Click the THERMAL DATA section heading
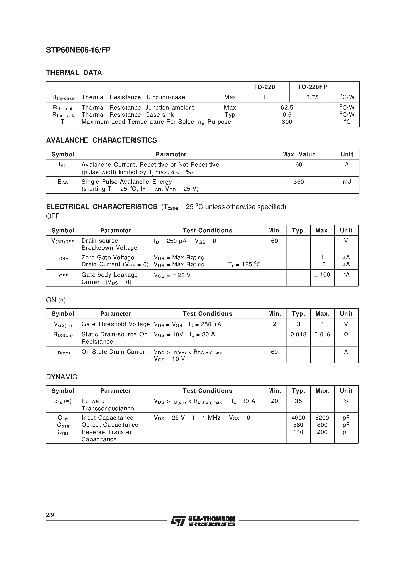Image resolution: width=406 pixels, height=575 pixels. [74, 73]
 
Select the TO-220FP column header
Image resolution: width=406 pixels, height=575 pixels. [312, 87]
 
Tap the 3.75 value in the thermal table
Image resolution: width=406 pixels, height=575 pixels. [312, 97]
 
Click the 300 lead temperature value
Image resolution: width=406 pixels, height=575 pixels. [287, 122]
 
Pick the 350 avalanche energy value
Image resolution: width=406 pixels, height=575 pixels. [299, 182]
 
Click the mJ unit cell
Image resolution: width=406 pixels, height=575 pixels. [347, 182]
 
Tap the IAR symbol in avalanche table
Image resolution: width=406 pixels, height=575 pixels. [63, 165]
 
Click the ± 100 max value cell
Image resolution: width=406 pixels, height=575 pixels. [322, 275]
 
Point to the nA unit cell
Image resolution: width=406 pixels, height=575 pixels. [346, 275]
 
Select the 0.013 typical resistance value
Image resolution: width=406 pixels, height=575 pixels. [298, 334]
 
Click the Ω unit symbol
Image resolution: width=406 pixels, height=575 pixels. [346, 334]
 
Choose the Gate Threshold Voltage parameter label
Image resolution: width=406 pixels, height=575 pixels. [116, 324]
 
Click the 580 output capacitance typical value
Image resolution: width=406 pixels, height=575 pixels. [298, 425]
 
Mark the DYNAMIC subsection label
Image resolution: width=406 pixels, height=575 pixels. [62, 377]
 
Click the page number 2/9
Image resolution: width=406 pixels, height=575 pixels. [50, 515]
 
